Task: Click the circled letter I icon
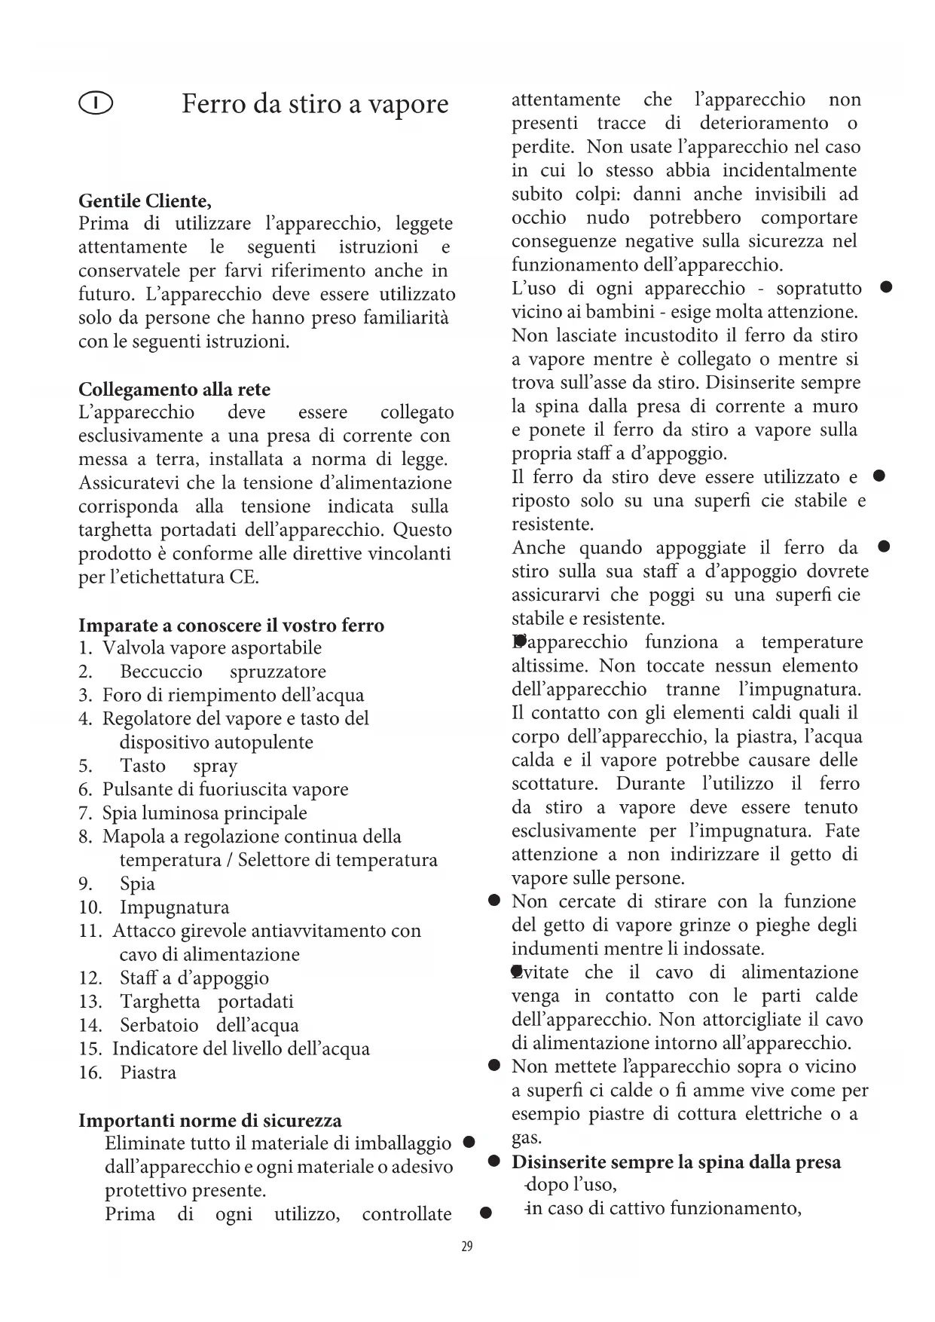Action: (96, 103)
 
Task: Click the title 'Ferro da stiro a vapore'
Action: (315, 103)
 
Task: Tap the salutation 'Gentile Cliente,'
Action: (145, 200)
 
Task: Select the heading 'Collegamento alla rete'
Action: (174, 389)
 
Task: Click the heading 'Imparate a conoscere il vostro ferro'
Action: (231, 625)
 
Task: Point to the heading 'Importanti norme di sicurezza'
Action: (210, 1120)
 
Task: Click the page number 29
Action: (467, 1247)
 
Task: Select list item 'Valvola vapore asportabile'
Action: (212, 648)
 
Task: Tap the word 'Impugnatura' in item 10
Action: (174, 907)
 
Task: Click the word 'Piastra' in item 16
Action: (148, 1073)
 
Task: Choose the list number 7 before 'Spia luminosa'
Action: (85, 813)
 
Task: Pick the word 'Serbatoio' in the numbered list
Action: (159, 1026)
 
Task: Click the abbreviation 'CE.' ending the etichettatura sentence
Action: (244, 578)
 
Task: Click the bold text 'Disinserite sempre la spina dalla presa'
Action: (676, 1161)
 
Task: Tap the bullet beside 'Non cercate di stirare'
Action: (494, 901)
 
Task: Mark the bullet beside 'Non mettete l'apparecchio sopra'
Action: (494, 1066)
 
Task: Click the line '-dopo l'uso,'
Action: (571, 1185)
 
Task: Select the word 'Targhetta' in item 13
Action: (160, 1002)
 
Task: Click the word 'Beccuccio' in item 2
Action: (161, 672)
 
